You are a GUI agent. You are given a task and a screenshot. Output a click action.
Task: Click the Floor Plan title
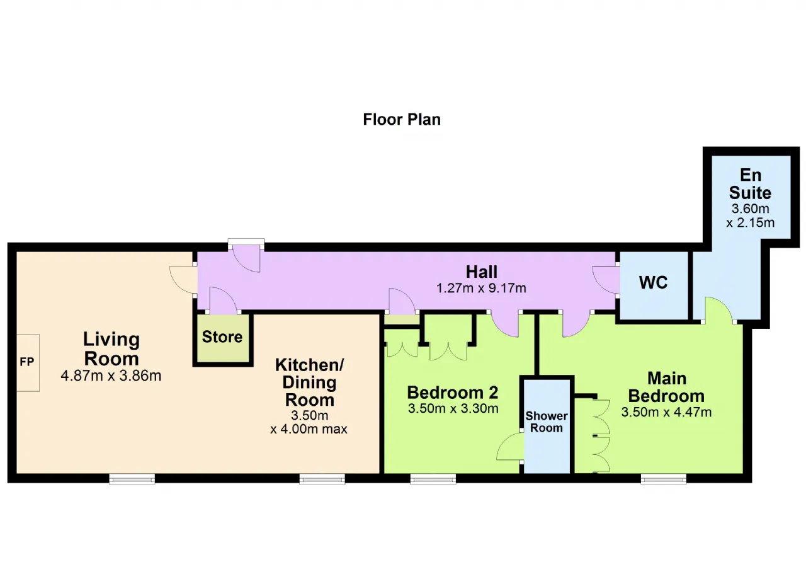pos(402,120)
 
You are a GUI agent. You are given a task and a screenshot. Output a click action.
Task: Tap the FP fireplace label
pos(27,362)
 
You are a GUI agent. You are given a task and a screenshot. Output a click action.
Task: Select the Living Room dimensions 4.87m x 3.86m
pos(111,376)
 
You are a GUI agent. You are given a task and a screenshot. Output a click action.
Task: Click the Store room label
pos(222,337)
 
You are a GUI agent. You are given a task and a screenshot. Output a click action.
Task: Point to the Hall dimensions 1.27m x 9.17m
pos(481,288)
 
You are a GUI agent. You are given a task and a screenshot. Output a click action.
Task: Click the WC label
pos(653,282)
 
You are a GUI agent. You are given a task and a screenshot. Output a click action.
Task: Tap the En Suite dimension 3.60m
pos(750,209)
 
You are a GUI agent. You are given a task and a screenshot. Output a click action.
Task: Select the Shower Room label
pos(546,422)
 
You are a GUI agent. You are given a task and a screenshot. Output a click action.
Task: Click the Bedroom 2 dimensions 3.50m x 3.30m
pos(453,408)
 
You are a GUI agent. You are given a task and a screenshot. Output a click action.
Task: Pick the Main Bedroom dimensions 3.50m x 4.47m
pos(666,412)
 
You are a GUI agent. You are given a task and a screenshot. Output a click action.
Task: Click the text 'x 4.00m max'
pos(309,429)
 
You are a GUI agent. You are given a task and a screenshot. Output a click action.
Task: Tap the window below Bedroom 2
pos(433,479)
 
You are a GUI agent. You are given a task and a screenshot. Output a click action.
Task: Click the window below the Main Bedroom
pos(664,479)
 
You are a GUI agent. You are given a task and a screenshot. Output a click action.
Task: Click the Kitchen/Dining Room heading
pos(309,382)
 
